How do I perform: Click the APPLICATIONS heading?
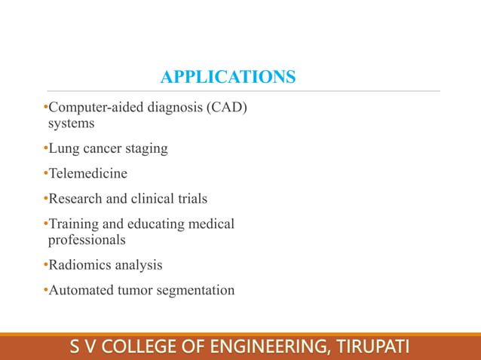tap(228, 77)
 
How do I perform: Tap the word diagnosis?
tap(170, 108)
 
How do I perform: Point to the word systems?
tap(71, 124)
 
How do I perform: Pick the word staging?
tap(145, 148)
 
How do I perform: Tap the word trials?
tap(191, 199)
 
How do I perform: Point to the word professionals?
tap(87, 239)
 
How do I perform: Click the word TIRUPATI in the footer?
tap(370, 348)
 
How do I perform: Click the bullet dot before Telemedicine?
tap(45, 174)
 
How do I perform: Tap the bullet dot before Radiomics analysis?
tap(45, 265)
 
